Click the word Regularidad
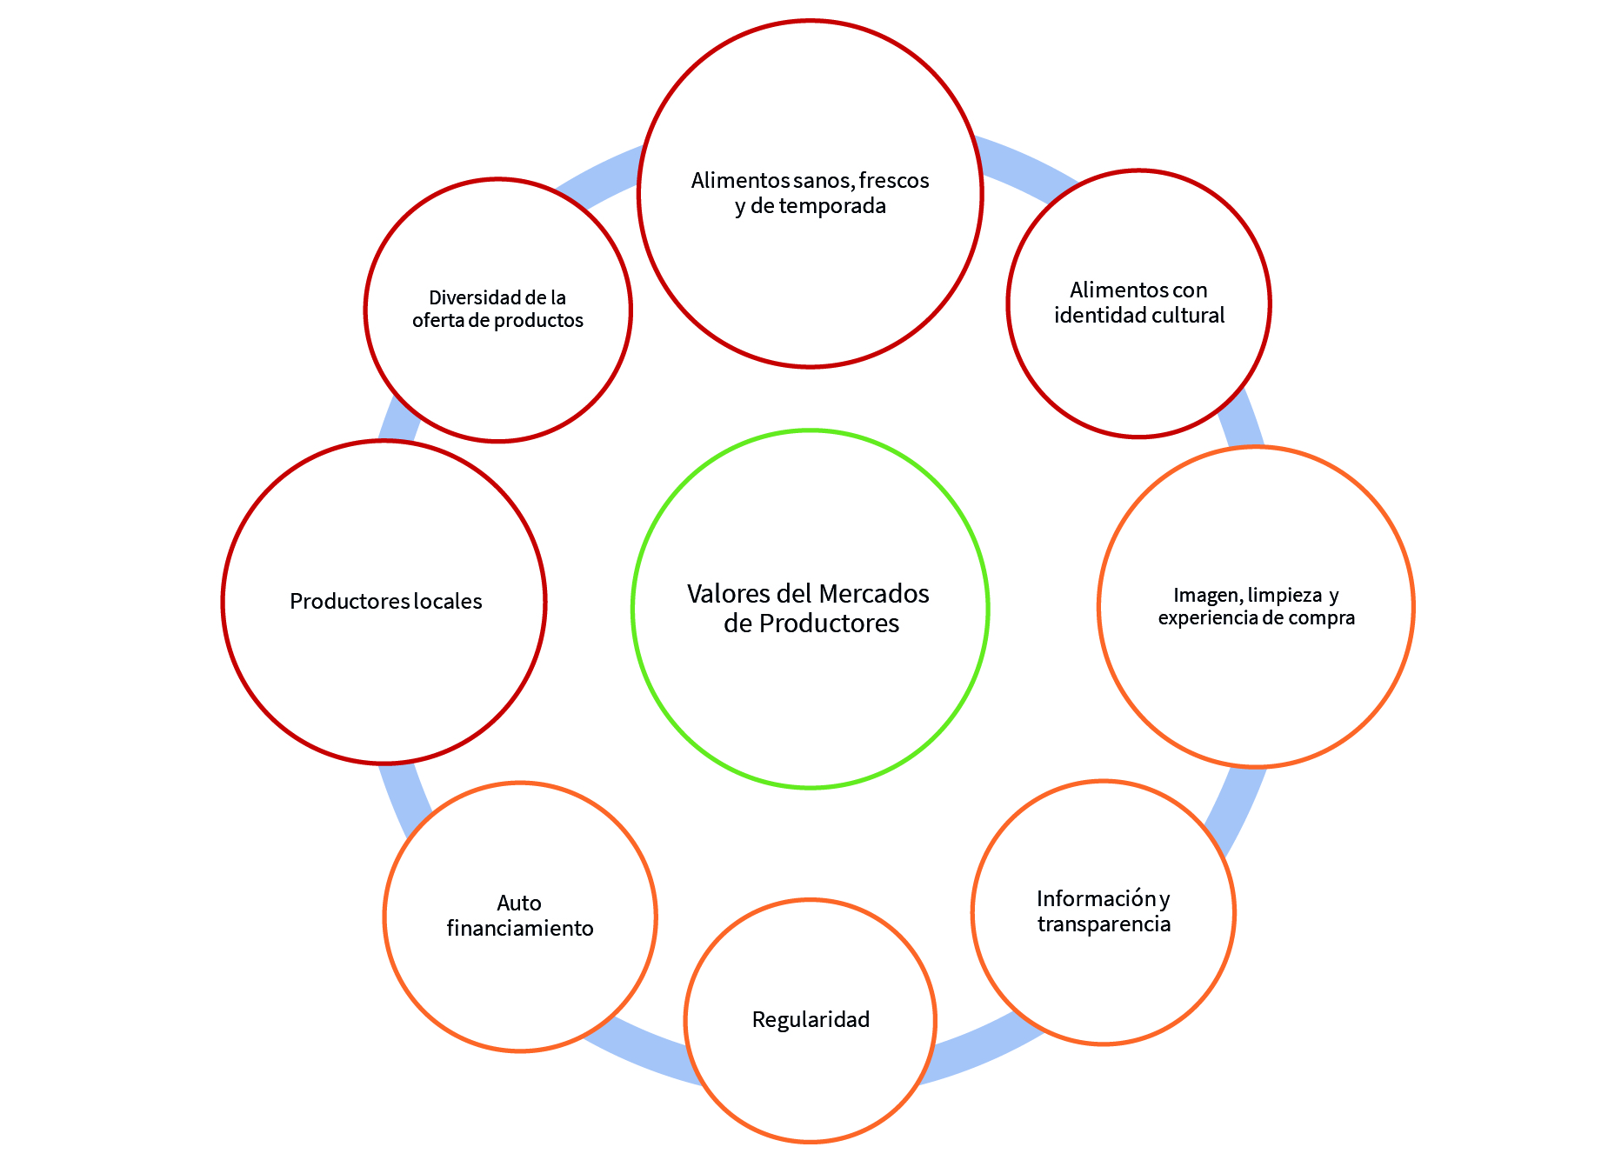pyautogui.click(x=811, y=1019)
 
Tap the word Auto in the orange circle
pyautogui.click(x=519, y=903)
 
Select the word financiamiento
pyautogui.click(x=520, y=928)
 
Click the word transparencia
pyautogui.click(x=1104, y=924)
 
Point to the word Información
pyautogui.click(x=1095, y=897)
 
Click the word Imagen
pyautogui.click(x=1208, y=595)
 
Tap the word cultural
pyautogui.click(x=1188, y=315)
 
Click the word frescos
pyautogui.click(x=894, y=180)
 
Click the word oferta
pyautogui.click(x=437, y=321)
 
